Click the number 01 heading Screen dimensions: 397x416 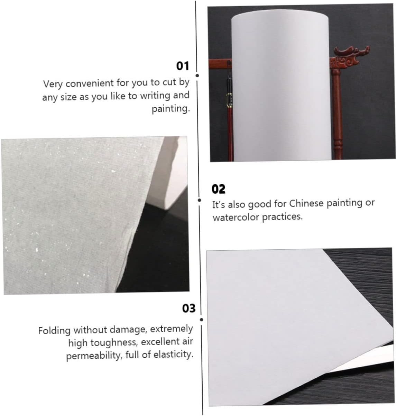183,66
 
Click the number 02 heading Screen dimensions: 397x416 218,189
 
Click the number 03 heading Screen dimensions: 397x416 188,308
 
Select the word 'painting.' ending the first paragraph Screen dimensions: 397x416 170,109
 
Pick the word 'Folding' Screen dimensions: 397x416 54,330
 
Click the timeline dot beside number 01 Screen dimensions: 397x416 197,76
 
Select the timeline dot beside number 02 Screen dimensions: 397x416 199,200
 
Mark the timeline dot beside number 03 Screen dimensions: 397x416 201,320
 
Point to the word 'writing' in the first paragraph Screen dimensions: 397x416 156,96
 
